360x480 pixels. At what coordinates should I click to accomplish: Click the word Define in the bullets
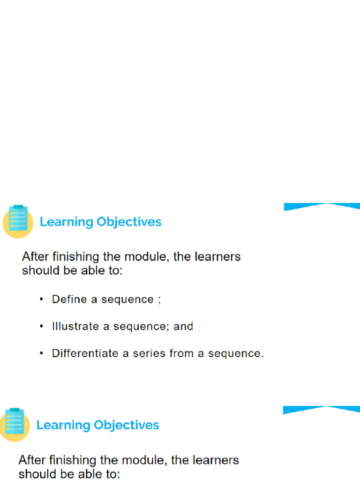pos(69,299)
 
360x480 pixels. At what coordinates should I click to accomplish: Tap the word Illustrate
pos(72,326)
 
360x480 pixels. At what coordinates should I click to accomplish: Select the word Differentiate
pos(85,353)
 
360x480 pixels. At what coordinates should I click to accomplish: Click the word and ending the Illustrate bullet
pos(183,326)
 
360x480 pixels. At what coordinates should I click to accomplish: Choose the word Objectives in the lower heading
pos(127,425)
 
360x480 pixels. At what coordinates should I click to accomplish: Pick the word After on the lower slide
pos(33,460)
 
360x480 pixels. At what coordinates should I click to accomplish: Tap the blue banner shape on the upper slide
pos(322,207)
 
